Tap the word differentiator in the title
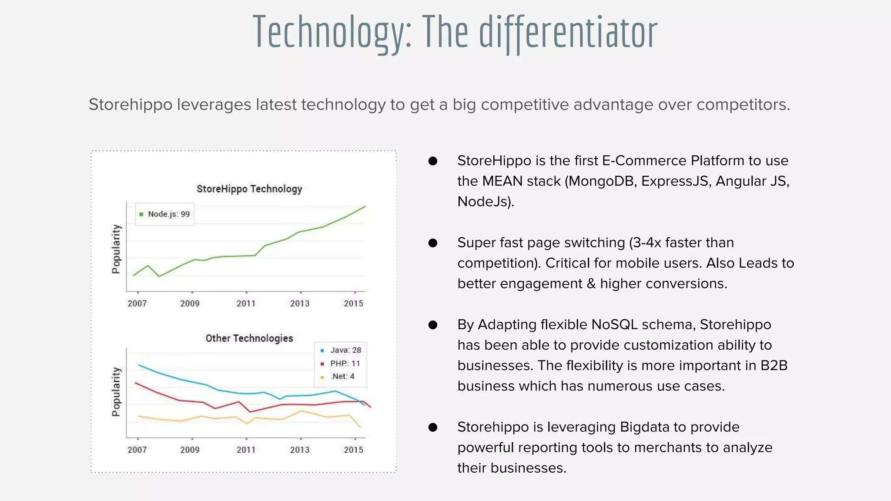tap(568, 33)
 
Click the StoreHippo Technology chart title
tap(249, 189)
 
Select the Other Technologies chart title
tap(249, 338)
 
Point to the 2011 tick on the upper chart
tap(246, 303)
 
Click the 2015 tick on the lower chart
tap(353, 450)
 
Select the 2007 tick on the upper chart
tap(137, 303)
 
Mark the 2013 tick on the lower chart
tap(300, 450)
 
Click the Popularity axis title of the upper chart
tap(116, 249)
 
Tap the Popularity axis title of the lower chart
tap(116, 391)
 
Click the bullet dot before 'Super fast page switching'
tap(433, 243)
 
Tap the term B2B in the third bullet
tap(774, 365)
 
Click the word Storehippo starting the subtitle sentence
tap(131, 105)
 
